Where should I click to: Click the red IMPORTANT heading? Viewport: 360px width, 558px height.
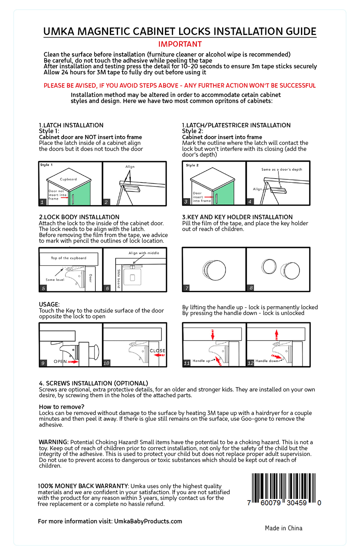180,44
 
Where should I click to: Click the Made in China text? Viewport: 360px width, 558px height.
283,528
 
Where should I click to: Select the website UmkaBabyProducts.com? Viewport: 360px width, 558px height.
148,521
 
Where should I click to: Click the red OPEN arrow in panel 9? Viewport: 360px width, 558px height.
73,361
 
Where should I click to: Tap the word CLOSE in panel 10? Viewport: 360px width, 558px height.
157,351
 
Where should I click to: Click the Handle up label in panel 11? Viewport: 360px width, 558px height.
201,361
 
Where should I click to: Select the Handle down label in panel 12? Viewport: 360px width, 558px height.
267,361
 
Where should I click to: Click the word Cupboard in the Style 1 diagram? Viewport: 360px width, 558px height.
68,179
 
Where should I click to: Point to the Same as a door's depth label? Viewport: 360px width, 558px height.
281,169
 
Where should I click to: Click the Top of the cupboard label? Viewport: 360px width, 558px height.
69,258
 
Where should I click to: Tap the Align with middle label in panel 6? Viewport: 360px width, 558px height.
144,253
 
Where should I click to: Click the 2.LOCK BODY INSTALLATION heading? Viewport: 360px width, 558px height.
79,217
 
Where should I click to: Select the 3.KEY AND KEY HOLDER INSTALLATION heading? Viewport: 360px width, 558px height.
237,217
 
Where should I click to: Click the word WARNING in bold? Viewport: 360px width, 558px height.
54,442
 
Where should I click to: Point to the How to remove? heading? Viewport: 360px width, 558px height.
61,407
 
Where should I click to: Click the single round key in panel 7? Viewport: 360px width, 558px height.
214,270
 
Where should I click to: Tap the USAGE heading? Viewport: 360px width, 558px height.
49,304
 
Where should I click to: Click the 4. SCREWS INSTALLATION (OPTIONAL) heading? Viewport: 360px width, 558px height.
93,383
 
